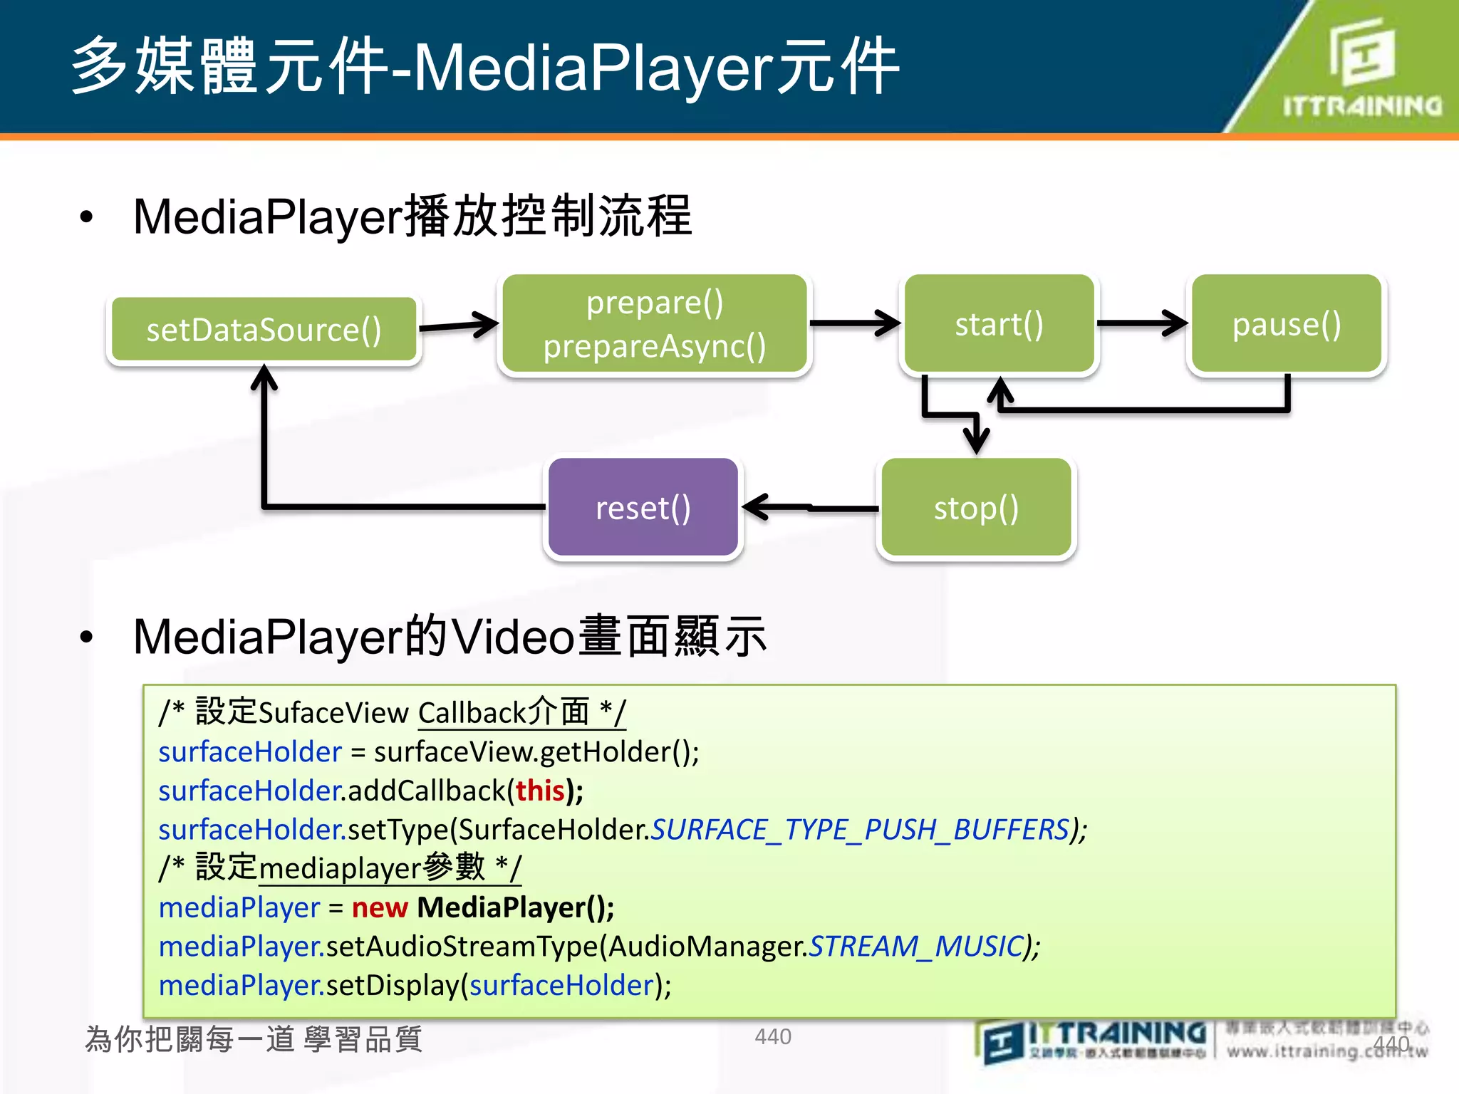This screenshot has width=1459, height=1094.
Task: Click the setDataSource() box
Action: point(264,330)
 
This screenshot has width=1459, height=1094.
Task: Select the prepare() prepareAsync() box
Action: point(654,324)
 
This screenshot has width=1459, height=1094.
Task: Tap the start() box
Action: point(999,324)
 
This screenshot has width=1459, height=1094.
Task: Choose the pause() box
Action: point(1287,324)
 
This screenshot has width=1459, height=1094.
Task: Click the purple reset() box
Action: point(643,508)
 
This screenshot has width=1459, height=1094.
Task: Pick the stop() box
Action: point(976,508)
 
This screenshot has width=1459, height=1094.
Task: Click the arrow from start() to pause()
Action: point(1142,323)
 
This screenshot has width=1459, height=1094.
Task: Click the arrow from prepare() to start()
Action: point(855,323)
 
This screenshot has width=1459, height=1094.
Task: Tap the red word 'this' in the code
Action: point(540,791)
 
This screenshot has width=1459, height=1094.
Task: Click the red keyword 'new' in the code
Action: point(380,907)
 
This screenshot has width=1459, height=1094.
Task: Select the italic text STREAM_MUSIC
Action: point(916,947)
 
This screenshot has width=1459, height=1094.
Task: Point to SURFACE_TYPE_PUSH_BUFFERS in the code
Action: point(861,830)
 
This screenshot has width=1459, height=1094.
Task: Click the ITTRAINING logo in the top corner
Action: point(1361,68)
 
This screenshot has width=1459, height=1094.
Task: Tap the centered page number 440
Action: point(773,1036)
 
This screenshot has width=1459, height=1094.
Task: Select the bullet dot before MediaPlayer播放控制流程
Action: point(87,217)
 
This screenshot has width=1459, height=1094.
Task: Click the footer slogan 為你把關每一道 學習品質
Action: point(254,1039)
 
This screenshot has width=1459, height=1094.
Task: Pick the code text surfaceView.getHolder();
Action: point(536,752)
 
